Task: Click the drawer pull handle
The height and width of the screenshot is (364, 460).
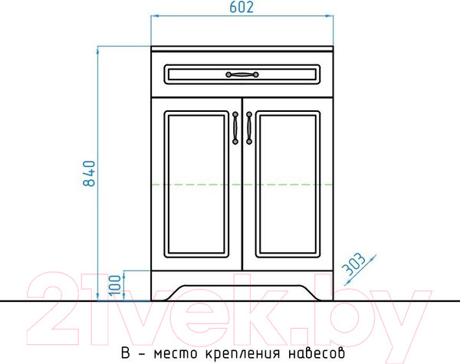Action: coord(242,74)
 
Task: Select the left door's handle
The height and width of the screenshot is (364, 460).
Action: coord(235,127)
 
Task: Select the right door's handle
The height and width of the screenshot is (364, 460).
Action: coord(249,127)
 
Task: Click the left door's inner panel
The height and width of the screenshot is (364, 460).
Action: coord(197,185)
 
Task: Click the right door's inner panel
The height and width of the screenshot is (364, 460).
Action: coord(287,185)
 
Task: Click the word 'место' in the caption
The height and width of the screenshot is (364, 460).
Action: coord(172,353)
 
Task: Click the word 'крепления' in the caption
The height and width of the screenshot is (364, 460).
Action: coord(239,353)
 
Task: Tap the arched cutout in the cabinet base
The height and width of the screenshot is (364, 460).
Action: coord(242,290)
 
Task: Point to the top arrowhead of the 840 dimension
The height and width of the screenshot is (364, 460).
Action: coord(98,51)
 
